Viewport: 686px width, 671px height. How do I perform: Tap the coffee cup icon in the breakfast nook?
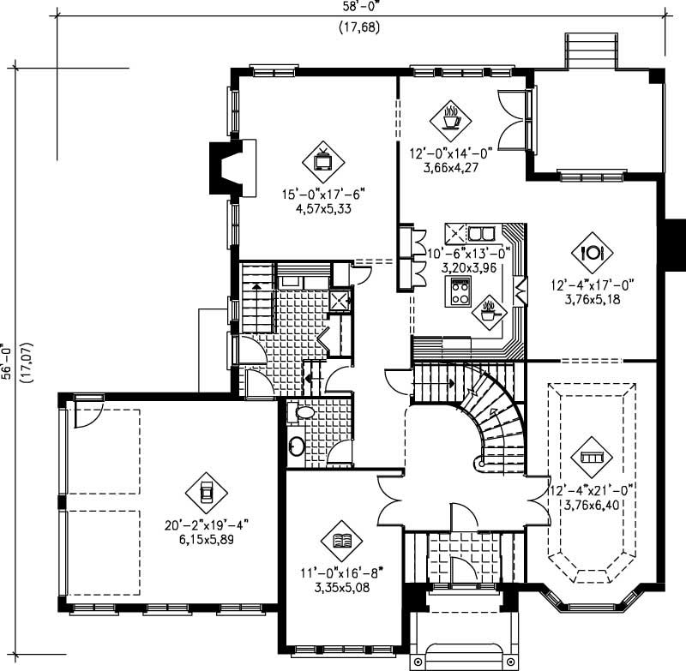tap(450, 117)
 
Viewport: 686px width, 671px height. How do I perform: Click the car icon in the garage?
tap(206, 493)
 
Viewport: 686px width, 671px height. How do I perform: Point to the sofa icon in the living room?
tap(593, 457)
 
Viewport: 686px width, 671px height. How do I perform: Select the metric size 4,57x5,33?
tap(318, 208)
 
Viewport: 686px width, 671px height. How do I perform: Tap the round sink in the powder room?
tap(297, 446)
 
